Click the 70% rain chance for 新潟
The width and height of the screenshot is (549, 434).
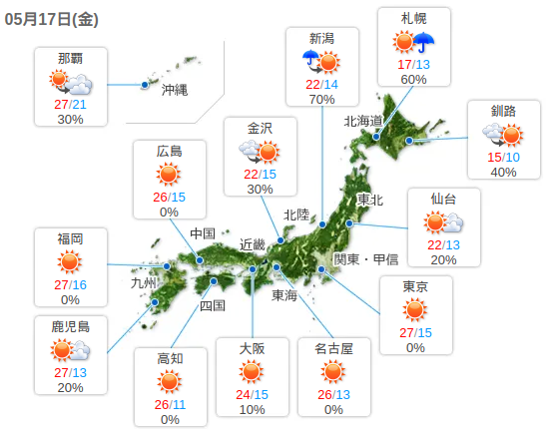(x=321, y=99)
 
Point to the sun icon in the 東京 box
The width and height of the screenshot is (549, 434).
(x=415, y=310)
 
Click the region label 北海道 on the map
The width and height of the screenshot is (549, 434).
(x=364, y=121)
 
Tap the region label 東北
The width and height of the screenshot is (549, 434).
(x=369, y=200)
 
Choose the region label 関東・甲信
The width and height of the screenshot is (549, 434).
(x=365, y=258)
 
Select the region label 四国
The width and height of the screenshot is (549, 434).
(x=213, y=305)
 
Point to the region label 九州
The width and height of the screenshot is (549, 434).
(x=145, y=282)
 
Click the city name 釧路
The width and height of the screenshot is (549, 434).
(x=503, y=111)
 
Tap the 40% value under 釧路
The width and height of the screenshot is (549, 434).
(x=503, y=172)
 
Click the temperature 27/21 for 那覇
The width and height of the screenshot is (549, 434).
(x=69, y=103)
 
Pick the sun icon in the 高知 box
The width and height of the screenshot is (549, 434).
(x=170, y=382)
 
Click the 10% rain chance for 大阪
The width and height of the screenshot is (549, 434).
(x=252, y=409)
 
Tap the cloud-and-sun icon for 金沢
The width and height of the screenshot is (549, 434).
(x=260, y=151)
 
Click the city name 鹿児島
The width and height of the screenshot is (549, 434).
(x=70, y=326)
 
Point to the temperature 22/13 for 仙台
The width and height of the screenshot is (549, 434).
(x=443, y=244)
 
